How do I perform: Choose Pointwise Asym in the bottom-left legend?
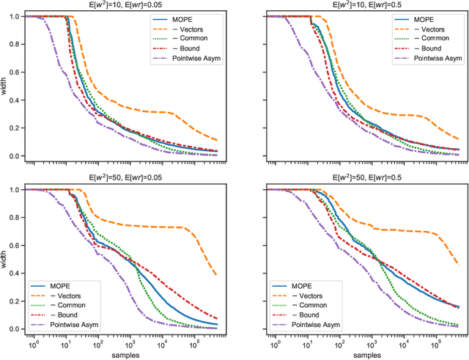click(x=76, y=323)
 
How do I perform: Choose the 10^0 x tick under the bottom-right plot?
click(x=273, y=343)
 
